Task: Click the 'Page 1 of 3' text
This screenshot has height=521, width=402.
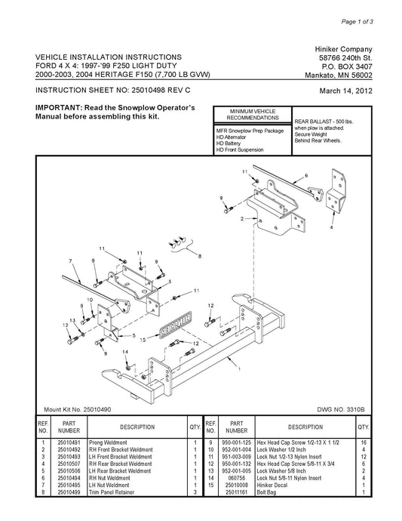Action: pyautogui.click(x=357, y=22)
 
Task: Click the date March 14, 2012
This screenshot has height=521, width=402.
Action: pyautogui.click(x=345, y=91)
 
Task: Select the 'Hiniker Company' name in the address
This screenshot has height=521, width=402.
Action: pyautogui.click(x=343, y=50)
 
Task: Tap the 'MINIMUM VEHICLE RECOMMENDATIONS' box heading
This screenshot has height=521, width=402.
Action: pyautogui.click(x=253, y=115)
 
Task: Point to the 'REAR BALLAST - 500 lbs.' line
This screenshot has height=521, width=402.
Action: pyautogui.click(x=324, y=122)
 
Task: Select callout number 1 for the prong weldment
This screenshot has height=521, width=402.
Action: pyautogui.click(x=239, y=368)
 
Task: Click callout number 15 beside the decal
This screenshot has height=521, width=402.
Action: pyautogui.click(x=143, y=340)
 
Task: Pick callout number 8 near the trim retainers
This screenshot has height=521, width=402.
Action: pyautogui.click(x=200, y=256)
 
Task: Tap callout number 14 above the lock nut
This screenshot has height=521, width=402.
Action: pyautogui.click(x=125, y=352)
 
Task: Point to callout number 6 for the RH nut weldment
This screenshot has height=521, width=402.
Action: pyautogui.click(x=306, y=175)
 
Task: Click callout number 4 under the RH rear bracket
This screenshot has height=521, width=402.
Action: pyautogui.click(x=331, y=227)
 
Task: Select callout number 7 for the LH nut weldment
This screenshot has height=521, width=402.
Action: pyautogui.click(x=70, y=260)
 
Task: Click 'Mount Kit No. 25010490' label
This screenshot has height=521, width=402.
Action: pyautogui.click(x=78, y=409)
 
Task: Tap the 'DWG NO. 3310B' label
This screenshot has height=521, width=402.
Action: pyautogui.click(x=341, y=409)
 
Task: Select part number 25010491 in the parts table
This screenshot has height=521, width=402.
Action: pyautogui.click(x=69, y=442)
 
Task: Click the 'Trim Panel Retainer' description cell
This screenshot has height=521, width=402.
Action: pyautogui.click(x=112, y=492)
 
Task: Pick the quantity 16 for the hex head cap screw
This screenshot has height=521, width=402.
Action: pyautogui.click(x=364, y=442)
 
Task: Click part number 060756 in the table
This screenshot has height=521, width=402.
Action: pyautogui.click(x=237, y=478)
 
